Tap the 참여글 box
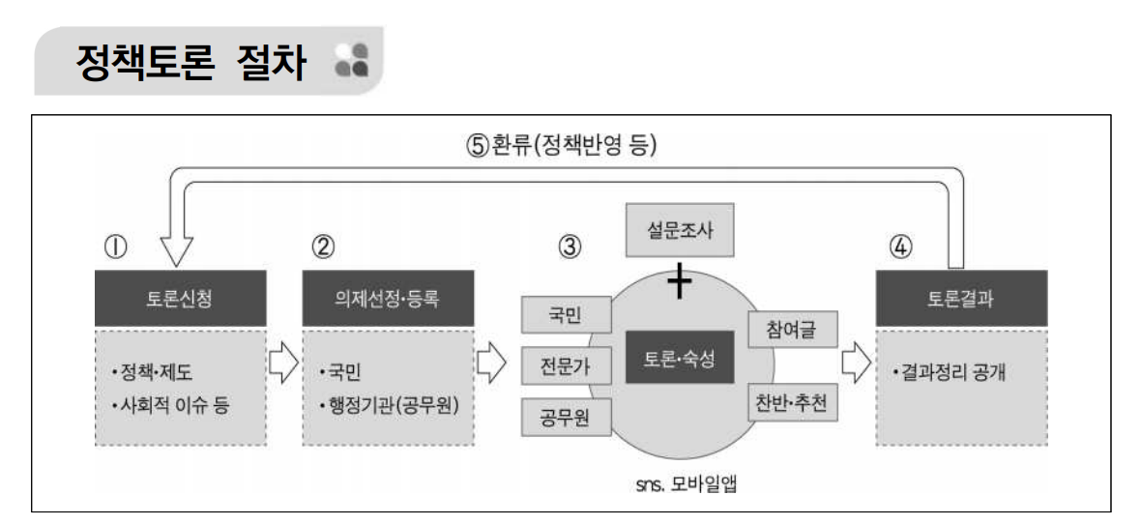[794, 331]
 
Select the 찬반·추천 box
[794, 400]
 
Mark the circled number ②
[323, 247]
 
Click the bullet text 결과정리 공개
[952, 371]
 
